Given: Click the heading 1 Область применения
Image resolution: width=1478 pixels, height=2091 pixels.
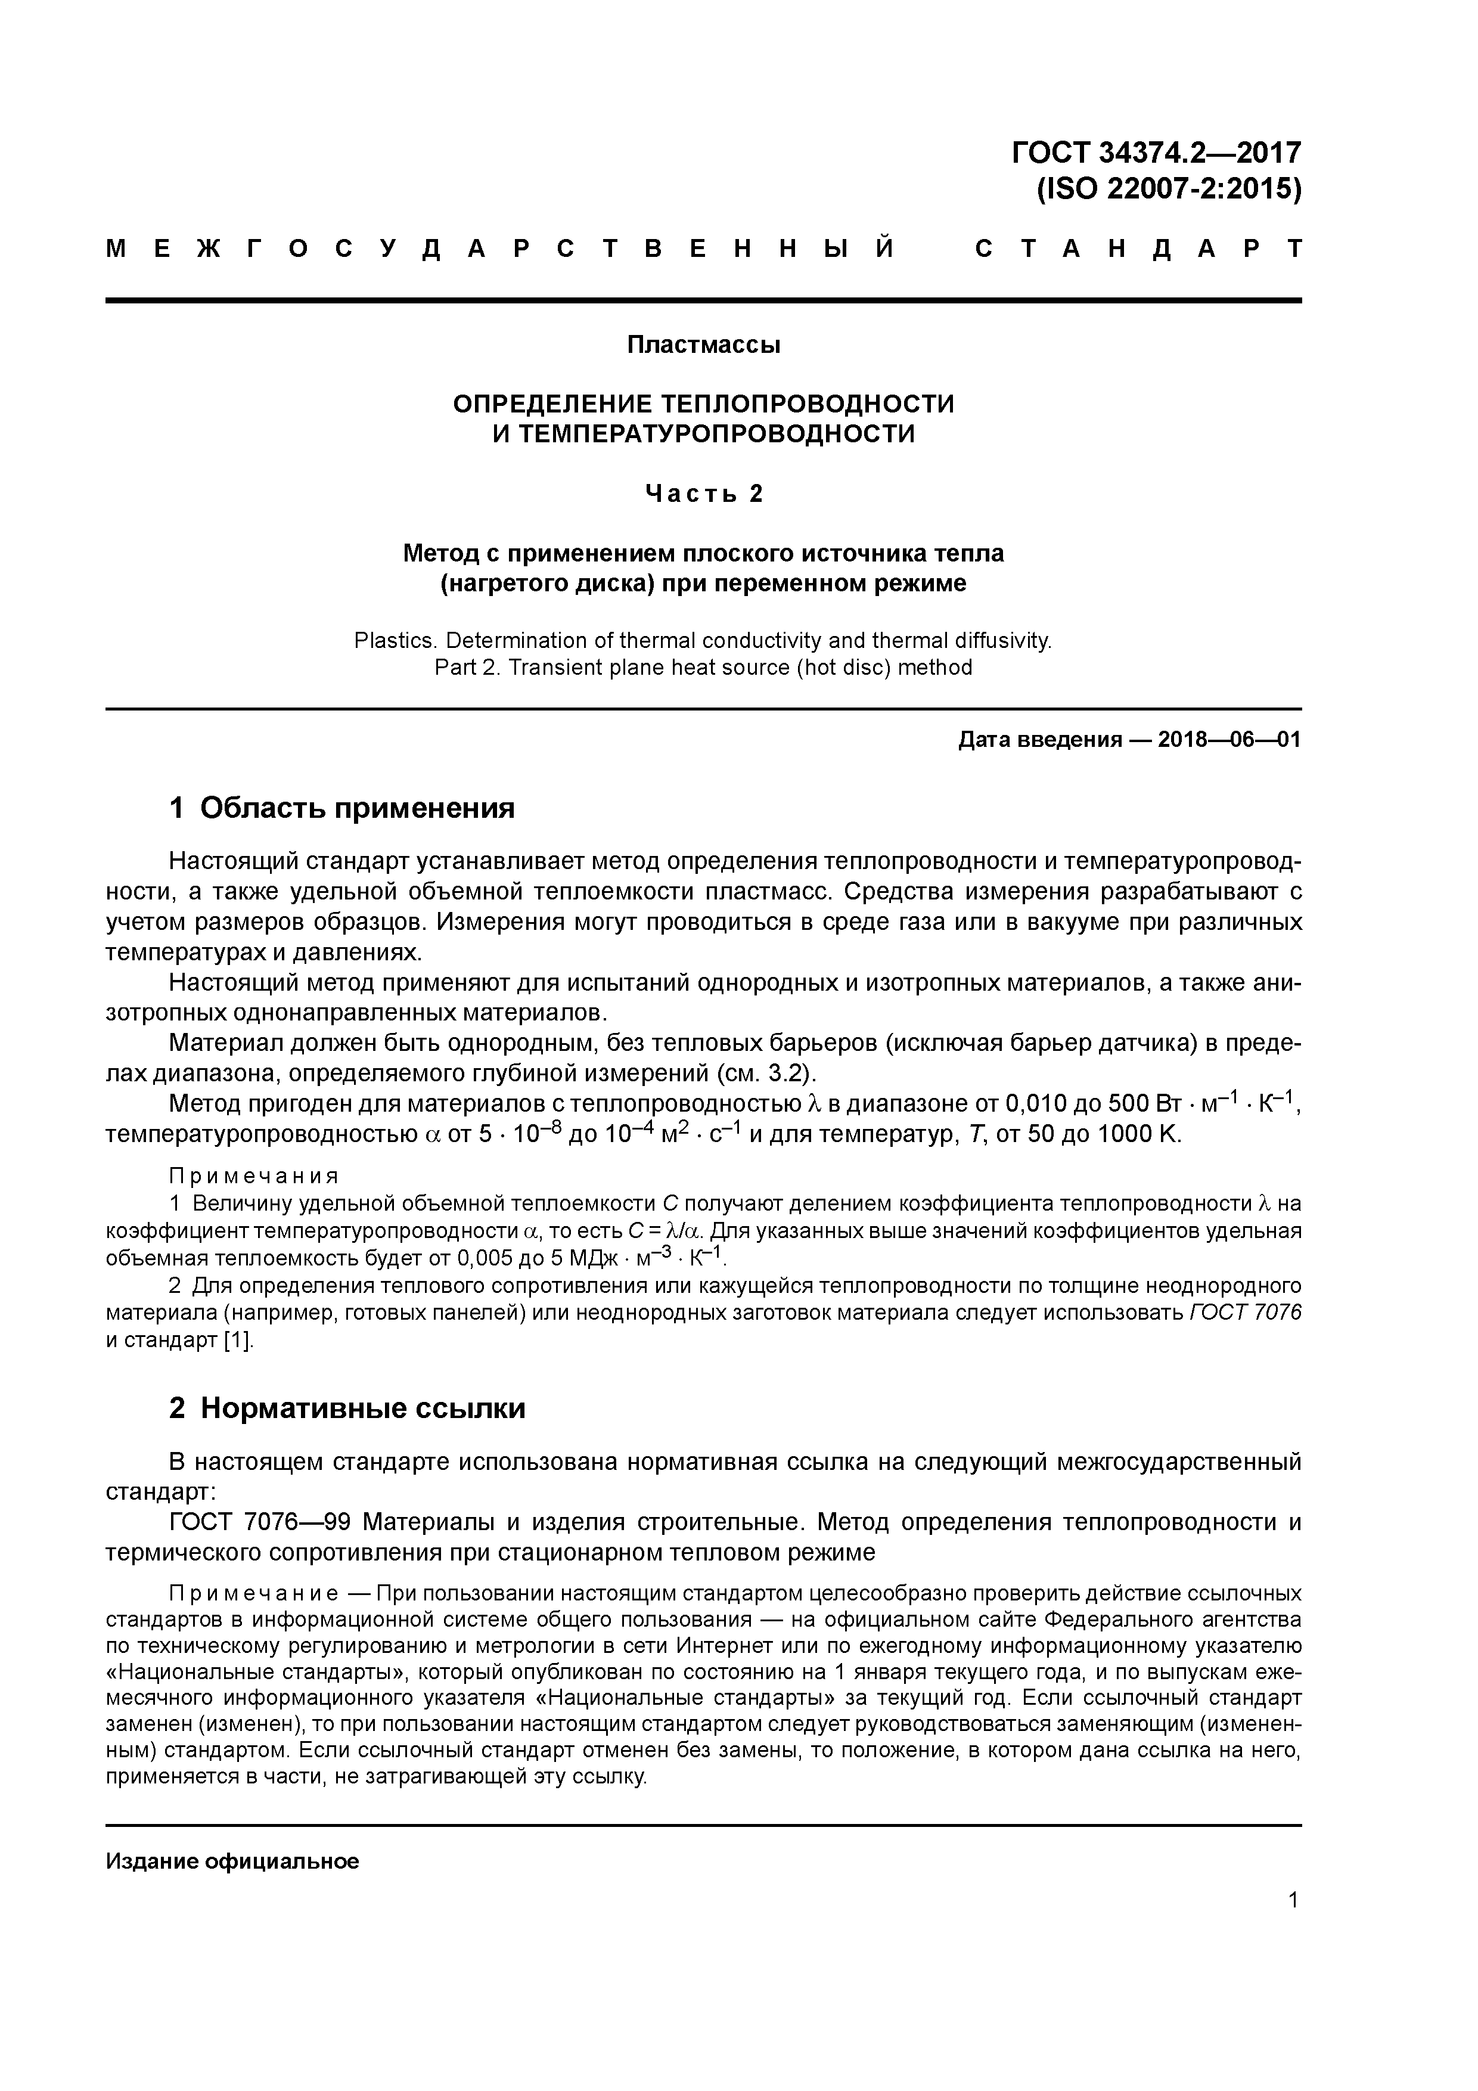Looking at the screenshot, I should pyautogui.click(x=343, y=808).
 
